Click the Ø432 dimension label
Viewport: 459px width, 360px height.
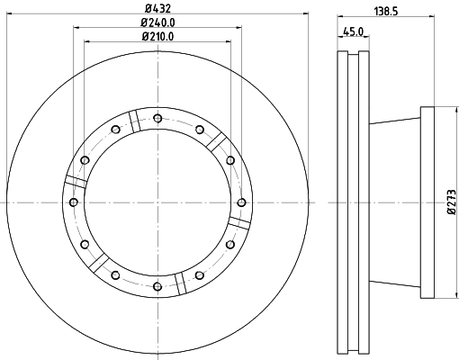coord(157,8)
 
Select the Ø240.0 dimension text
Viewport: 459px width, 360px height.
coord(157,22)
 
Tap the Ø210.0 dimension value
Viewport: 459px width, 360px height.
coord(157,37)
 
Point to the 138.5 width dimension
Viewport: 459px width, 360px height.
coord(386,12)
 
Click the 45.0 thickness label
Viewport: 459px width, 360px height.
coord(354,31)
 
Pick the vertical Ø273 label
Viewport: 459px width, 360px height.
coord(452,202)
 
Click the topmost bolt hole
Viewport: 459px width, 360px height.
coord(157,118)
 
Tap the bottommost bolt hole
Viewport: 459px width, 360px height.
coord(157,286)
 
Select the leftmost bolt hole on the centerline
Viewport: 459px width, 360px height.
coord(74,202)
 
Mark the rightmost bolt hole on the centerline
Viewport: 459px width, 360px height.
coord(241,202)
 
